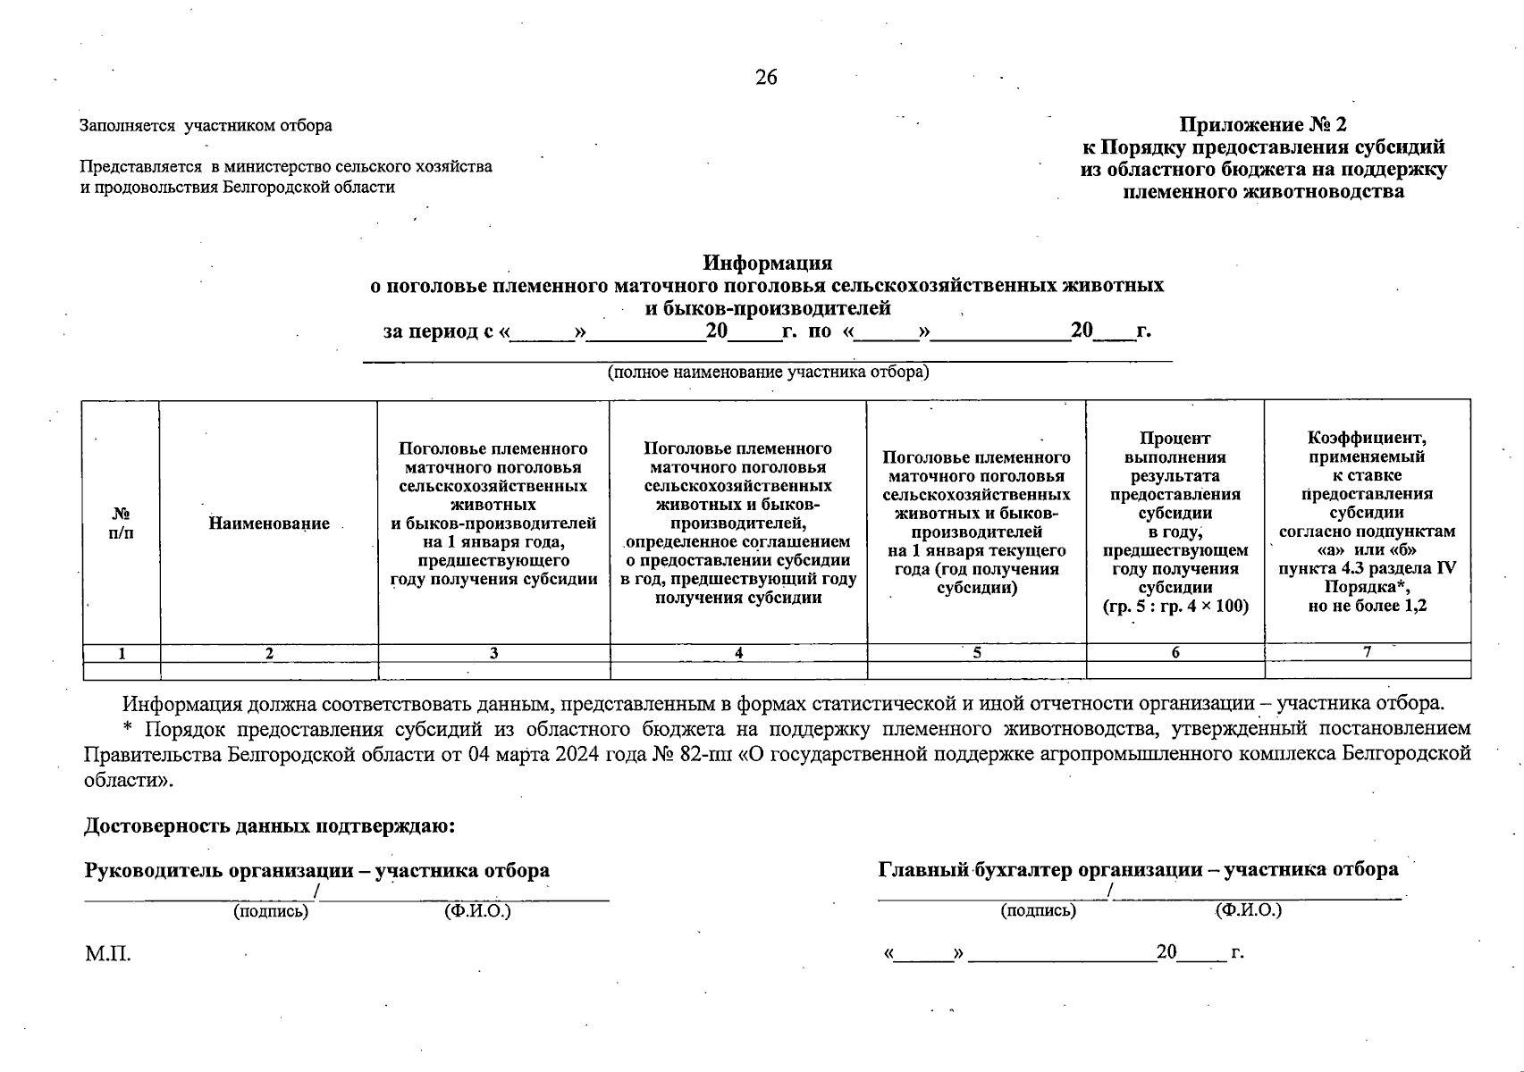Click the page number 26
coord(766,78)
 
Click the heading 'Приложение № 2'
coord(1262,124)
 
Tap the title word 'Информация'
coord(767,263)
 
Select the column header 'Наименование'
coord(269,523)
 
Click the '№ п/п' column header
coord(121,523)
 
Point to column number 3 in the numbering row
coord(493,653)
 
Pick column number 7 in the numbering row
coord(1367,652)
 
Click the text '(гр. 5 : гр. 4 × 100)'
coord(1175,606)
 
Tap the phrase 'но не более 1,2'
coord(1367,606)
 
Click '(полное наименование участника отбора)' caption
coord(768,372)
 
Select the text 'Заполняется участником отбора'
coord(206,126)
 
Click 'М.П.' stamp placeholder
coord(107,954)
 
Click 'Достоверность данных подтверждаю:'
coord(270,826)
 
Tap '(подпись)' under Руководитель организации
coord(270,911)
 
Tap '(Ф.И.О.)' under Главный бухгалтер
coord(1248,910)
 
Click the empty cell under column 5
coord(976,670)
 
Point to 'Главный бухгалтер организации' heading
coord(1037,869)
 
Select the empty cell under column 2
coord(269,670)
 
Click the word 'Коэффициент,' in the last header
coord(1367,438)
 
